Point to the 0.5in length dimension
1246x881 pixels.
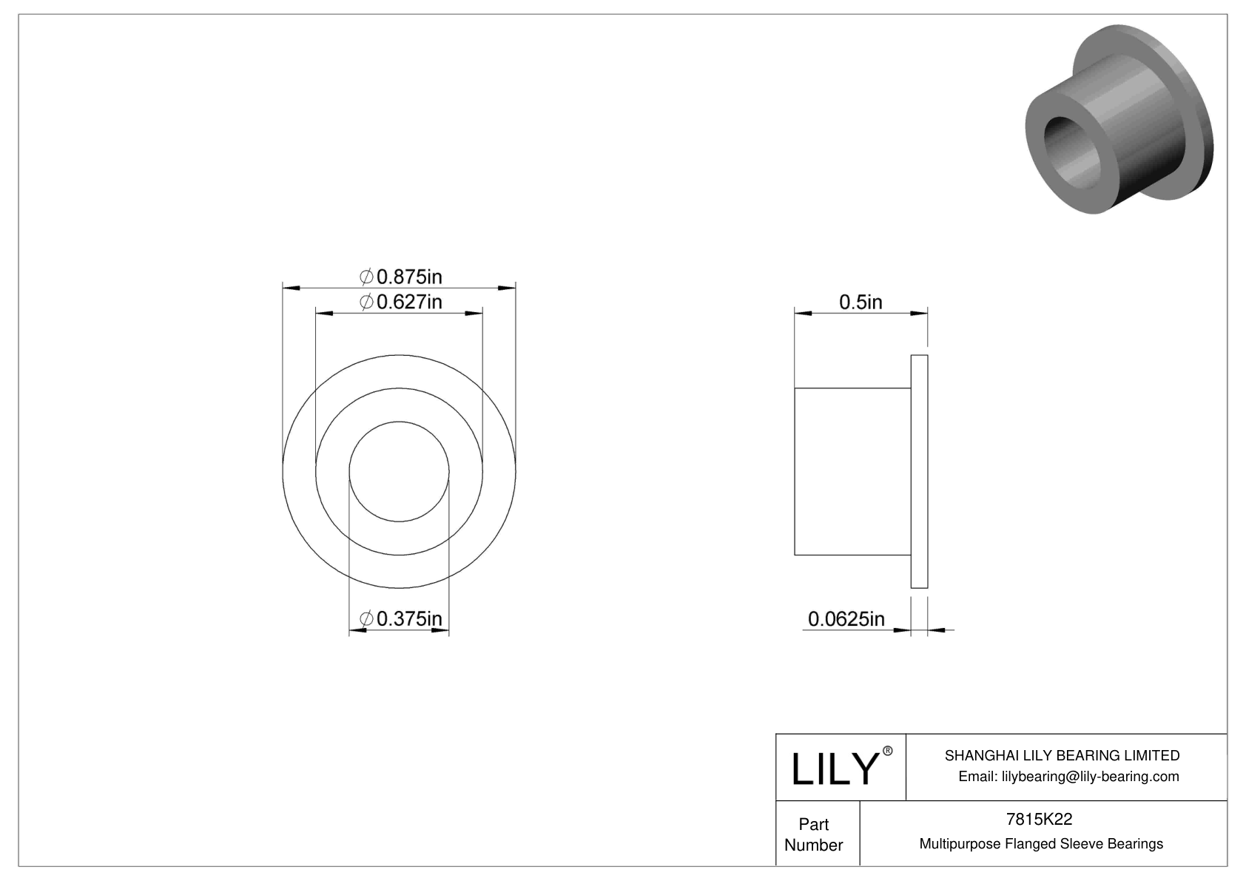(x=861, y=302)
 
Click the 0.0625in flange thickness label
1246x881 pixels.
(x=846, y=618)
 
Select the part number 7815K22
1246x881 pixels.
(x=1039, y=819)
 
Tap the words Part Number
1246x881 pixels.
(x=813, y=834)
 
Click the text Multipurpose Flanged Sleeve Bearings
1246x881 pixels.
(x=1041, y=844)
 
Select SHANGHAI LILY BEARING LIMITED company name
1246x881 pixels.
(x=1062, y=755)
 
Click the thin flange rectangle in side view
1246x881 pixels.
(x=919, y=472)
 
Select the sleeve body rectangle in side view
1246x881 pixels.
(x=852, y=472)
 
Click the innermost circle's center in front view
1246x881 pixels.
(x=399, y=472)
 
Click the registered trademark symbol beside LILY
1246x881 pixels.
(x=888, y=750)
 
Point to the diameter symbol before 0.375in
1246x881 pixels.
(x=366, y=618)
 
